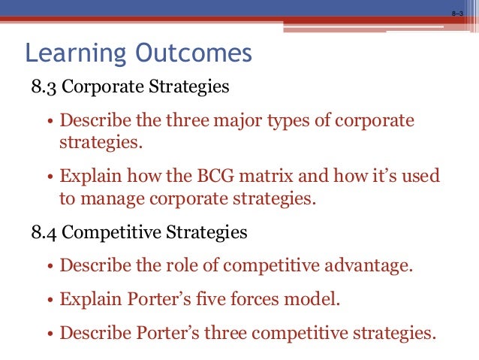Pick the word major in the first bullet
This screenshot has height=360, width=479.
pos(221,121)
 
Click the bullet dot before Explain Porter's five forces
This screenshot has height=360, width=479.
pos(50,301)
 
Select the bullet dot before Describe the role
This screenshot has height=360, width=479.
pos(50,268)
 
